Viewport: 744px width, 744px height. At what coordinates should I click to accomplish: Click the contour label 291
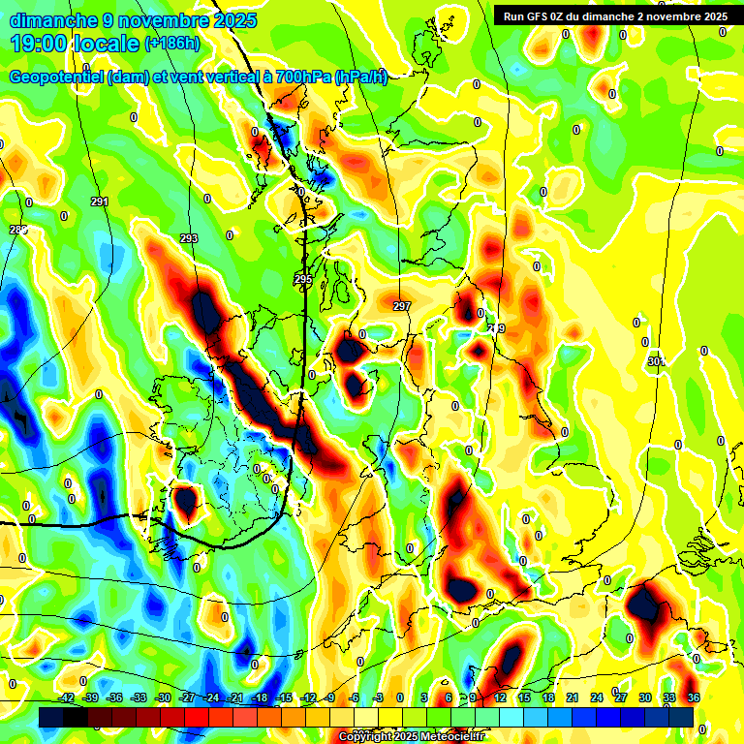pyautogui.click(x=99, y=201)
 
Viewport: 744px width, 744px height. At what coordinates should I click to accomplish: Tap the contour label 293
pyautogui.click(x=189, y=238)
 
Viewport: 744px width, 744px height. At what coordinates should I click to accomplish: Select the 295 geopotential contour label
pyautogui.click(x=303, y=280)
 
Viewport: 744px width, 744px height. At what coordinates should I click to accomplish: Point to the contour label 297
pyautogui.click(x=402, y=306)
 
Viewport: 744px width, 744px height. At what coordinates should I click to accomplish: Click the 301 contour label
pyautogui.click(x=656, y=361)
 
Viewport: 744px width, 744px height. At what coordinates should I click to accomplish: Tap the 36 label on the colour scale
pyautogui.click(x=694, y=697)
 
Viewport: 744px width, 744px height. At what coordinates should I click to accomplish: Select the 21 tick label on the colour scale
pyautogui.click(x=573, y=697)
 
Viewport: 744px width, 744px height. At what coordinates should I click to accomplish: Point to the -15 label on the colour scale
pyautogui.click(x=284, y=697)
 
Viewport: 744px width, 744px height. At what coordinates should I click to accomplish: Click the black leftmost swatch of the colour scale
pyautogui.click(x=50, y=717)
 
